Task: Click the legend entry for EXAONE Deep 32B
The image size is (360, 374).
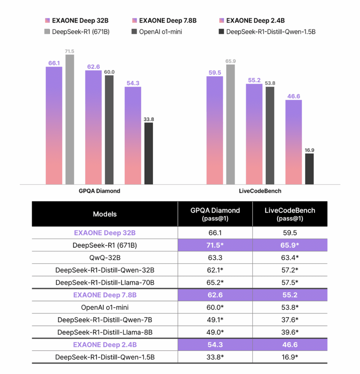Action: (77, 21)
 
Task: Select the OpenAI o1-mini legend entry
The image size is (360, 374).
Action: (157, 32)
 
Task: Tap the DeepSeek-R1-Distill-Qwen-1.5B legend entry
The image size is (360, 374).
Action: (267, 32)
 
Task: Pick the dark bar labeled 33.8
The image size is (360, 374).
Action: (148, 153)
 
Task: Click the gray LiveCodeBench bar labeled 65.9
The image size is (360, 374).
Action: (230, 124)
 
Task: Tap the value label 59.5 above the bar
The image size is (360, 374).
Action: (215, 73)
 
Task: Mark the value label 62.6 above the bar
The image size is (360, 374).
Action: (93, 67)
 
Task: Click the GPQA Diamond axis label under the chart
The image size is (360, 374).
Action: (99, 191)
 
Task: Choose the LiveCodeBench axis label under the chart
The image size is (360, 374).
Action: (260, 191)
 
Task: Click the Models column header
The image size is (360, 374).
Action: (105, 214)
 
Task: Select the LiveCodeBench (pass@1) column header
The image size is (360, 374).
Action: (290, 214)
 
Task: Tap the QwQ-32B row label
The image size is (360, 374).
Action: (105, 258)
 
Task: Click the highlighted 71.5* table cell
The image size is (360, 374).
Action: (215, 245)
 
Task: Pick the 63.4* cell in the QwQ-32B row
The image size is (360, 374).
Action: (290, 258)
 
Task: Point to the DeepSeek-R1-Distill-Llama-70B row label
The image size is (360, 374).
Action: (105, 283)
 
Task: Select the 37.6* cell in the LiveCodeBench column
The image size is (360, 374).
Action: (290, 320)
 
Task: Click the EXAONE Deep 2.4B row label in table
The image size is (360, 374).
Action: (105, 345)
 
